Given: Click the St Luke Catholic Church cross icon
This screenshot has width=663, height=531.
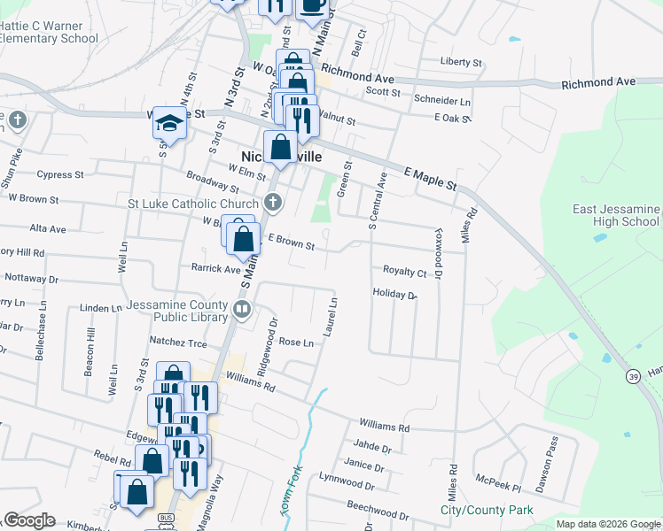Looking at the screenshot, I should [273, 204].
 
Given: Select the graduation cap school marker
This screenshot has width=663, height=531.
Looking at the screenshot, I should [168, 123].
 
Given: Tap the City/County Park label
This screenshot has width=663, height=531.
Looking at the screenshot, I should [487, 510].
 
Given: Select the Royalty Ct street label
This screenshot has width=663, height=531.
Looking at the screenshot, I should [404, 271].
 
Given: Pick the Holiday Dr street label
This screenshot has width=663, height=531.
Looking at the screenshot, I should [394, 294].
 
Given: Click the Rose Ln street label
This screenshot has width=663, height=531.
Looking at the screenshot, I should [296, 342].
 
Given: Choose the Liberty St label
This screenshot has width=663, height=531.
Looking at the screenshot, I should [461, 63].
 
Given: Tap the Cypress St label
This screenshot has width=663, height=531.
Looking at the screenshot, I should [59, 174].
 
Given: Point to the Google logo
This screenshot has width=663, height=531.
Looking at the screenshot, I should [28, 520].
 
